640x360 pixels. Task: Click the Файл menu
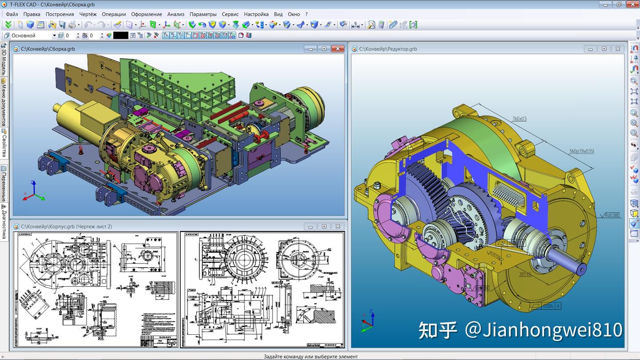click(12, 14)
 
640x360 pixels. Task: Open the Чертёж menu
click(88, 14)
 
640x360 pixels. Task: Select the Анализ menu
click(176, 14)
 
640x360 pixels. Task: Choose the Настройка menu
click(256, 14)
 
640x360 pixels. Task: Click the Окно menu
click(294, 14)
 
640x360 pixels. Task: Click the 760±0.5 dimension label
click(519, 119)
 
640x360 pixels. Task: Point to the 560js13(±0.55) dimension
click(581, 151)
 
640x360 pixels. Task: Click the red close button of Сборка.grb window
click(338, 49)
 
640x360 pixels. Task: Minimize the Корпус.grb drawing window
click(310, 227)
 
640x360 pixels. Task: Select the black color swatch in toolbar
click(120, 36)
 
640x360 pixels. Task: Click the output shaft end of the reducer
click(580, 267)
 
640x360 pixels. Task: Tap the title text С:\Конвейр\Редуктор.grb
click(388, 49)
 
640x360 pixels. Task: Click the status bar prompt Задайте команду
click(310, 356)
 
